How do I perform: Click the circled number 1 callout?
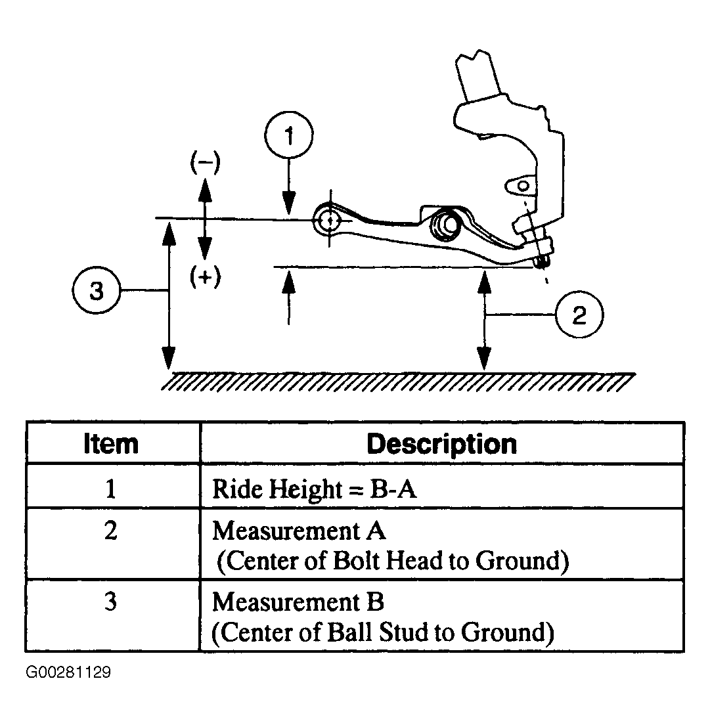[289, 135]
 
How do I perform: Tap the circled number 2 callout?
[579, 315]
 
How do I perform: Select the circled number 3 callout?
[97, 291]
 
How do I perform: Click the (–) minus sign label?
[205, 162]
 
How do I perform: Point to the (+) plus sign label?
[205, 276]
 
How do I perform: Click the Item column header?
[111, 444]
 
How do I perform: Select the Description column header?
[441, 444]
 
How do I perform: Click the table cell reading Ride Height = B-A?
[315, 489]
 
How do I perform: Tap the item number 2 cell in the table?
[110, 531]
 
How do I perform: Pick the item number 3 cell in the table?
[110, 602]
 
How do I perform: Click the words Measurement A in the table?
[299, 531]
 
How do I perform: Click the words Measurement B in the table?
[298, 602]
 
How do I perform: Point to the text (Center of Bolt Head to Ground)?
[393, 561]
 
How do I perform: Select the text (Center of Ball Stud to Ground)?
[383, 632]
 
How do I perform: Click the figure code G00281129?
[68, 672]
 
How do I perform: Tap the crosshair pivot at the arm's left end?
[330, 220]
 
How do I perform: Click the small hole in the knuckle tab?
[523, 187]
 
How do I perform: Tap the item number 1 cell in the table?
[110, 489]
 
